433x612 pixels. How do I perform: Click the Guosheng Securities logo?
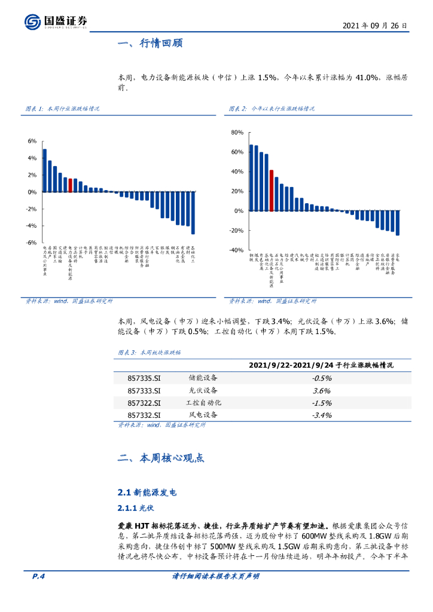coord(56,22)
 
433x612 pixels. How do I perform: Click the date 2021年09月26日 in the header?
coord(376,26)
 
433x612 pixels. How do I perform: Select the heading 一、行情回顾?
coord(150,44)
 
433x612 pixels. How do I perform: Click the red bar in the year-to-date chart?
coord(272,191)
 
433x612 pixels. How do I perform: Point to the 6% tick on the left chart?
coord(33,141)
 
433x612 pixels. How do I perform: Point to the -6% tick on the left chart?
coord(32,243)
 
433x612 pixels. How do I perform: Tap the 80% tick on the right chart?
coord(237,132)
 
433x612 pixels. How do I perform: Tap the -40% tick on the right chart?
coord(236,250)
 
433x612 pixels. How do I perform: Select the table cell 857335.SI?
coord(144,378)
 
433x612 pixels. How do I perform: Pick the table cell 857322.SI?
coord(144,403)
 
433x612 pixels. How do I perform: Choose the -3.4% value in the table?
coord(321,415)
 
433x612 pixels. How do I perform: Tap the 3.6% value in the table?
coord(321,390)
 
